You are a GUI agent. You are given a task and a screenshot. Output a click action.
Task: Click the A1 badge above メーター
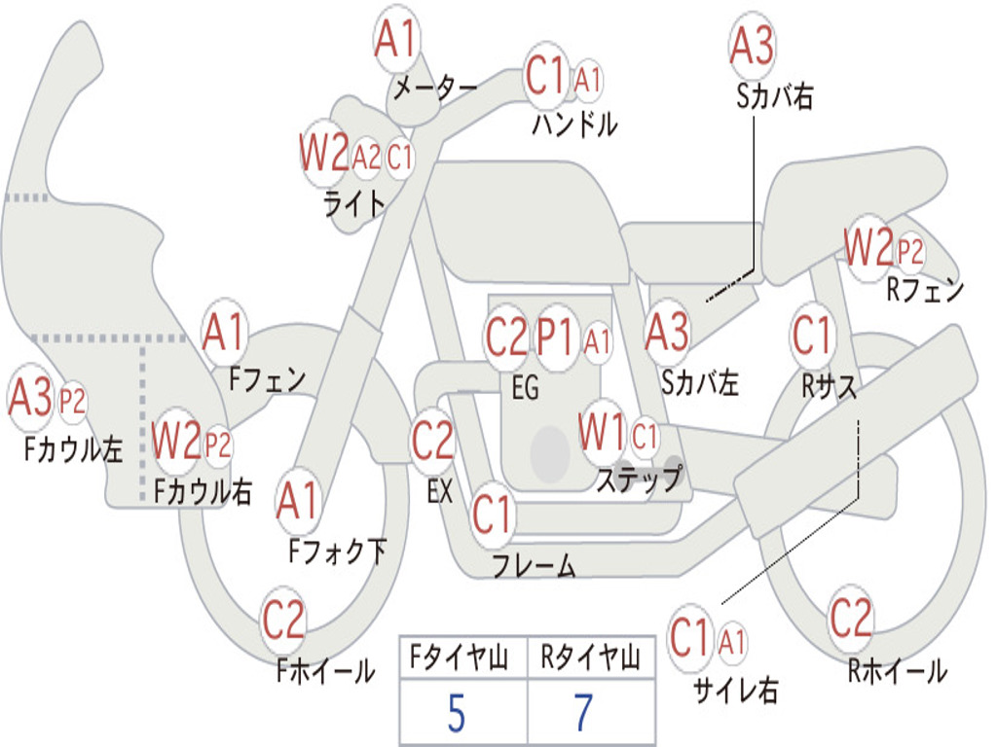396,39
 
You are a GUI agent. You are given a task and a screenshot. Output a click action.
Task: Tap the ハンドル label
574,124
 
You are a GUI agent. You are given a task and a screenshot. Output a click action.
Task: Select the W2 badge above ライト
324,153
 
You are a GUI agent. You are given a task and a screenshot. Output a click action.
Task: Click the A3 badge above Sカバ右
753,46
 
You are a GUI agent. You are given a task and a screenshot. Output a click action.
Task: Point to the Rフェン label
925,290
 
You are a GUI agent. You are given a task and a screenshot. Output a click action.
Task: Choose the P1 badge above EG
555,337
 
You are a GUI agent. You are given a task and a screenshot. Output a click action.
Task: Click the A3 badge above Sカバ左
667,333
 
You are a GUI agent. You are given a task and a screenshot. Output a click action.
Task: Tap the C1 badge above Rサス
812,335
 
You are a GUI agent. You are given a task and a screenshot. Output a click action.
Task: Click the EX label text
440,491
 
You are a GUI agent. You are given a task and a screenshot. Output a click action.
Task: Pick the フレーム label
535,565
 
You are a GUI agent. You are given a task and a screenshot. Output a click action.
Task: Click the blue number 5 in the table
457,714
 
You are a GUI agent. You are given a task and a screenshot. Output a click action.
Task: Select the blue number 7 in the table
583,713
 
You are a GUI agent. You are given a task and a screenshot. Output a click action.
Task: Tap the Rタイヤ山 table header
591,657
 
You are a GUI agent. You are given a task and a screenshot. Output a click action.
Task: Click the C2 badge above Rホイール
850,618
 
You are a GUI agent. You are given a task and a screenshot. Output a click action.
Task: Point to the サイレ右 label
736,690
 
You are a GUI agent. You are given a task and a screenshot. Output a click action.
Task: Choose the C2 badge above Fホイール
283,620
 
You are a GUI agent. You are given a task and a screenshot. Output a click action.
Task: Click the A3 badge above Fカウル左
30,398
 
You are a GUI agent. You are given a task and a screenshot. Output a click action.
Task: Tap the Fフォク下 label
338,551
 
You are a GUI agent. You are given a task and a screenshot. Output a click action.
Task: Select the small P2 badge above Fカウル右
217,445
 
